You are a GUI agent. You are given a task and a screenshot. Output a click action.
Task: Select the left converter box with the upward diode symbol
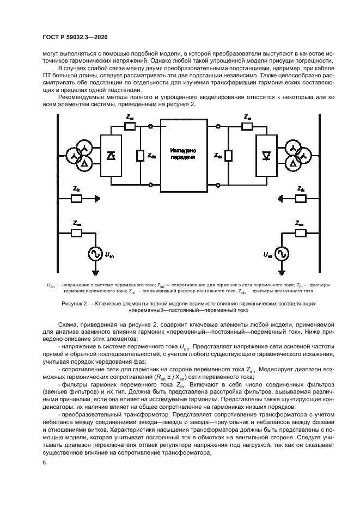111,156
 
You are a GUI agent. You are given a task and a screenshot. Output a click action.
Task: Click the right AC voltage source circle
282,254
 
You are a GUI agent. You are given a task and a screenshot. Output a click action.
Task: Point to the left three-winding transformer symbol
80,156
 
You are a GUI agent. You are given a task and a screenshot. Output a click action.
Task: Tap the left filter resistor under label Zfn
76,199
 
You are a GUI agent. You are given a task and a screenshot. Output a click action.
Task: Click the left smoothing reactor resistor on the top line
130,126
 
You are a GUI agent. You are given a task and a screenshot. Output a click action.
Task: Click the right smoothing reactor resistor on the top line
248,126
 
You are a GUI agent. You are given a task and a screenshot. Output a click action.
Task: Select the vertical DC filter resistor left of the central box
140,156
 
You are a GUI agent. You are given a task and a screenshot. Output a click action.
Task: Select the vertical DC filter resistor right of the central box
228,156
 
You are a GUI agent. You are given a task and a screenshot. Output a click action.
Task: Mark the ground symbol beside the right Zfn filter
279,199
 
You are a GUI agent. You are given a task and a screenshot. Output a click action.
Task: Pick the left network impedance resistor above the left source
76,234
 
